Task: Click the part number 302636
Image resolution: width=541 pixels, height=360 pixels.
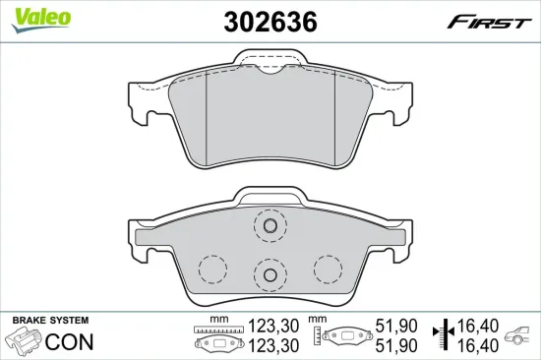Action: [x=270, y=21]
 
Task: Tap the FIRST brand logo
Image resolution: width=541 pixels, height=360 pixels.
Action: [x=490, y=22]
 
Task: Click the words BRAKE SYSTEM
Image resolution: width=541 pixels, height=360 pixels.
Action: [x=49, y=322]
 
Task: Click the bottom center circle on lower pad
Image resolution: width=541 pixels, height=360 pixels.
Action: [x=267, y=273]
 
